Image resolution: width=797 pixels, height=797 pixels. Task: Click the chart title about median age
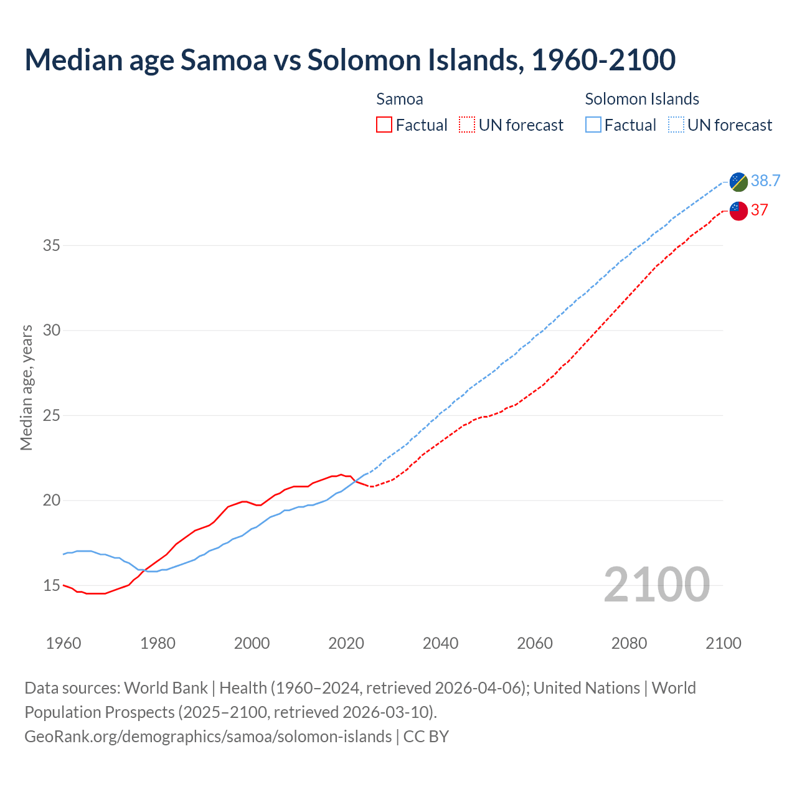[350, 60]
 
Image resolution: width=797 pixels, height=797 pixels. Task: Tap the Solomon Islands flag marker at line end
[738, 182]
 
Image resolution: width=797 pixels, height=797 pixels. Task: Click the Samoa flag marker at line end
[738, 211]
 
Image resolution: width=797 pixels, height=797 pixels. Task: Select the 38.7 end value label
[765, 181]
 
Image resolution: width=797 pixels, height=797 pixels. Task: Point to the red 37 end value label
[759, 210]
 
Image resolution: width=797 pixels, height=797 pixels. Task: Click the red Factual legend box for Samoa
[384, 125]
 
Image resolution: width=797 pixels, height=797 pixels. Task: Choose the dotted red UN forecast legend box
[467, 125]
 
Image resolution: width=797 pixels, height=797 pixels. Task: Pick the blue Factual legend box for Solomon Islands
[593, 125]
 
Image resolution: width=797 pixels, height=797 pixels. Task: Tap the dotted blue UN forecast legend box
[676, 125]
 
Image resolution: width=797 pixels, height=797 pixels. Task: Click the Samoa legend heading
[400, 99]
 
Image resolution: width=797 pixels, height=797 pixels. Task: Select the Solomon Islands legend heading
[642, 99]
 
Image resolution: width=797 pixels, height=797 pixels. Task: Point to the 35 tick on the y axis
[52, 245]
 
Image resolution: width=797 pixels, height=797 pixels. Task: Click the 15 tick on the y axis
[52, 585]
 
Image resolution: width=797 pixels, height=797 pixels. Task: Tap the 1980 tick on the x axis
[158, 643]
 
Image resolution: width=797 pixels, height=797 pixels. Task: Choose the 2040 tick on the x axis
[440, 643]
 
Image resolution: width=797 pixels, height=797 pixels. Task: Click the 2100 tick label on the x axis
[723, 643]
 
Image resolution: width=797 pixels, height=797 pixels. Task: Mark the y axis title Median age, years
[27, 387]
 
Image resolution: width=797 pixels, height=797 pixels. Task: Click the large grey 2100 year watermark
[656, 584]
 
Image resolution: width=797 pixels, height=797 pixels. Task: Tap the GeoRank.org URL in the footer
[208, 737]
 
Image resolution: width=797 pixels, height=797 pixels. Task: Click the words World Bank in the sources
[166, 688]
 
